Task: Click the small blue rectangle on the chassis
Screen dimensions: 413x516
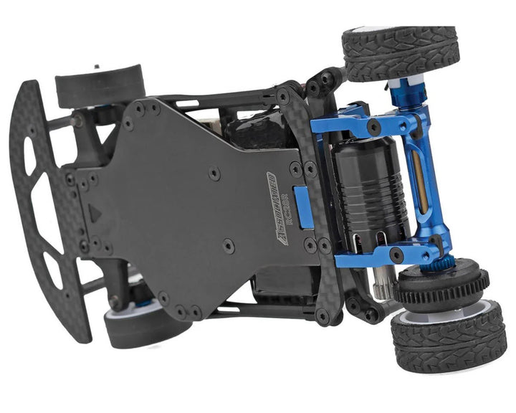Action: coord(305,207)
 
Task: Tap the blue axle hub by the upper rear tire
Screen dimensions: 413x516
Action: coord(398,94)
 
